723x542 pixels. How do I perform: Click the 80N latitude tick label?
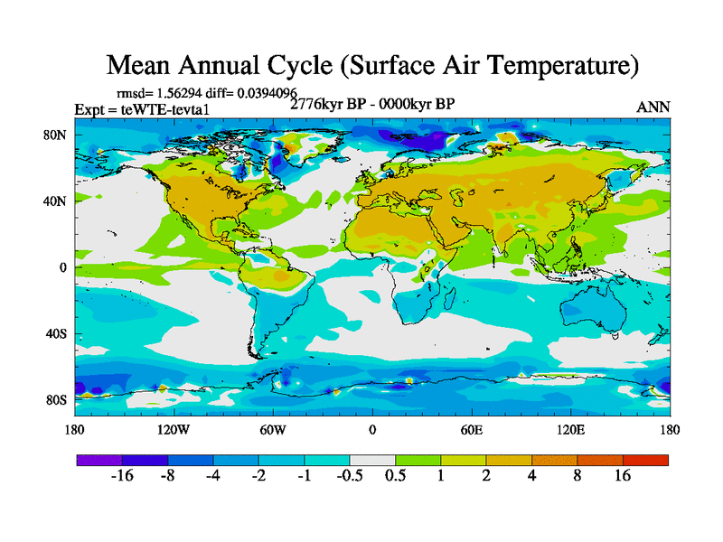(56, 135)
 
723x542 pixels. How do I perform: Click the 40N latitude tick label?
(56, 201)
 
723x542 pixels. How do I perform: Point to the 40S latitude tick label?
(57, 333)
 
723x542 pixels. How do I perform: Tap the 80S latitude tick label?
(57, 399)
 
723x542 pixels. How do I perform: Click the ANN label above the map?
(653, 107)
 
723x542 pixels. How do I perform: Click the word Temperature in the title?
(551, 66)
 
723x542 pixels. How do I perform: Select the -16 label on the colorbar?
(121, 476)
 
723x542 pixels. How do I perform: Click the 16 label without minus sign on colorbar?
(623, 476)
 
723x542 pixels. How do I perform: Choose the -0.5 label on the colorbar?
(349, 476)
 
